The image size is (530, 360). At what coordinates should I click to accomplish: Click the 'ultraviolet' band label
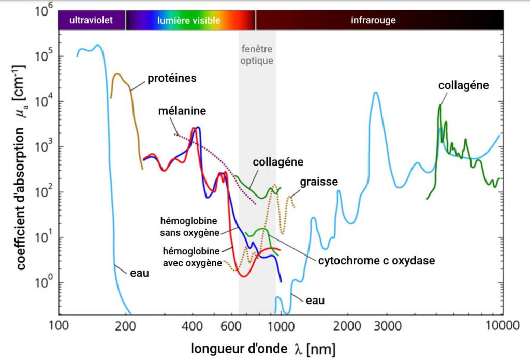[91, 21]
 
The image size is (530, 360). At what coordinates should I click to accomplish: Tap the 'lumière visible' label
[189, 21]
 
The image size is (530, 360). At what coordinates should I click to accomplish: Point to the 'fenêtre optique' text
[257, 55]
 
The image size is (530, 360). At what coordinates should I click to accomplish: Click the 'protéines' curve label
[172, 78]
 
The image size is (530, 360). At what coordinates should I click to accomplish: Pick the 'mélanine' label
[182, 111]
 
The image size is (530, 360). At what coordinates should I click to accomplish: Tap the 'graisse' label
[318, 182]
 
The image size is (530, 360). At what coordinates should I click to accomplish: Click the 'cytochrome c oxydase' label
[376, 261]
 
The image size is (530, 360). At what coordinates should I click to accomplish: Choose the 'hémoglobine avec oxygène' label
[192, 257]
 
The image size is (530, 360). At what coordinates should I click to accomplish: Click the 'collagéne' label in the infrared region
[463, 85]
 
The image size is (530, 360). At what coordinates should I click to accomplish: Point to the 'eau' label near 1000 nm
[315, 300]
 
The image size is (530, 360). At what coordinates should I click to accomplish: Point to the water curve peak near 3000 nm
[376, 93]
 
